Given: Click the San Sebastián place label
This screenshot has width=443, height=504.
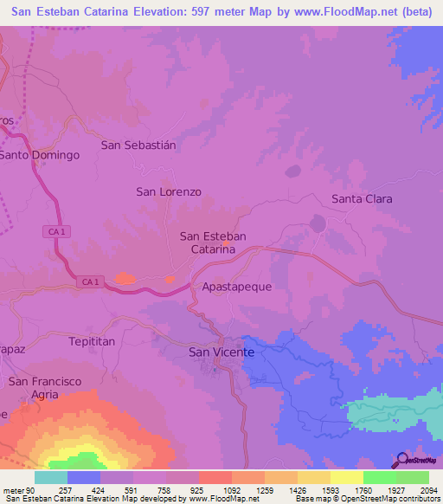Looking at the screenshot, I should click(x=138, y=145).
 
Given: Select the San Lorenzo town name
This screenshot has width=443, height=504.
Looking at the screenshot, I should click(x=169, y=191).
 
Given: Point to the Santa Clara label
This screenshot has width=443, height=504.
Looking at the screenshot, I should click(x=362, y=199).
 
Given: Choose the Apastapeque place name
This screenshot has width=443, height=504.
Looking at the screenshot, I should click(x=236, y=286).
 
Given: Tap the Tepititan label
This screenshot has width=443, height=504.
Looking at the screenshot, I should click(x=92, y=342).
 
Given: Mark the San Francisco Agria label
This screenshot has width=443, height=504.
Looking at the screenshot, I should click(x=44, y=388).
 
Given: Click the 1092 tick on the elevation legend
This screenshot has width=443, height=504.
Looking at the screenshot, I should click(x=231, y=489).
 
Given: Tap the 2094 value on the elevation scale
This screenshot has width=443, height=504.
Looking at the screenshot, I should click(x=428, y=489).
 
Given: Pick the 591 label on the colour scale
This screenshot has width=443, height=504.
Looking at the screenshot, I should click(x=132, y=489).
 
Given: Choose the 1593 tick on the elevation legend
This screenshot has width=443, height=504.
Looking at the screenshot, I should click(x=330, y=489).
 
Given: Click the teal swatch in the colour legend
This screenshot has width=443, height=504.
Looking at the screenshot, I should click(x=51, y=477).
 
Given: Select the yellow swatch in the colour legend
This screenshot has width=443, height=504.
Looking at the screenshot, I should click(x=346, y=477).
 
